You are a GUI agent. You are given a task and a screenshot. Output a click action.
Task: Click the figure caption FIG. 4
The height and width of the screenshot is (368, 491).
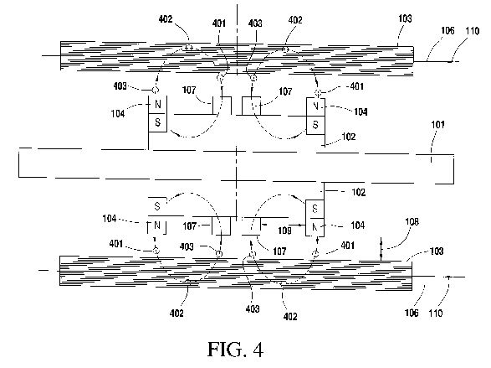point(236,350)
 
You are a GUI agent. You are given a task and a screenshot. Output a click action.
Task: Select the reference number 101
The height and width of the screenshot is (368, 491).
point(437,125)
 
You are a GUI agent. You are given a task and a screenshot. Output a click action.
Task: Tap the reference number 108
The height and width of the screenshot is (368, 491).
point(412,222)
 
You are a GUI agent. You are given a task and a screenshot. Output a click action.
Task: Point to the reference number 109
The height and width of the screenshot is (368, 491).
point(284,231)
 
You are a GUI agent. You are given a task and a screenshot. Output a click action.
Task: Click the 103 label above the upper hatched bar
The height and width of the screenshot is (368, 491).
point(405,18)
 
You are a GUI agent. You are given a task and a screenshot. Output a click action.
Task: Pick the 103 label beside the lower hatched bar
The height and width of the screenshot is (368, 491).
point(437,251)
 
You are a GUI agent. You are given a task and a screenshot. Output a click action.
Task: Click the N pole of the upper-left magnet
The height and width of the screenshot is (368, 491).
point(158,104)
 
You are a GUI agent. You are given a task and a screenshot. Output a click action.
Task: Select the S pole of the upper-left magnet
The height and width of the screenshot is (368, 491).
point(158,122)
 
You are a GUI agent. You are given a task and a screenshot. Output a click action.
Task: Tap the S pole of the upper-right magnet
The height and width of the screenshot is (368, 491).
point(315,125)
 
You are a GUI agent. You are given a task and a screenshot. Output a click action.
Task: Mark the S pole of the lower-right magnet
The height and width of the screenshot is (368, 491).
point(315,209)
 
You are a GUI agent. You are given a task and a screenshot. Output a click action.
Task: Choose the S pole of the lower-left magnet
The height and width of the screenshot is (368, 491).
point(157,206)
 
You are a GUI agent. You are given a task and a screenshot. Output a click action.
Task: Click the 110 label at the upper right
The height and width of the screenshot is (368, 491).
point(473,31)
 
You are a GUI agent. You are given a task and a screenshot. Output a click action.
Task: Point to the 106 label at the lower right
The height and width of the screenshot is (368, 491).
point(412,313)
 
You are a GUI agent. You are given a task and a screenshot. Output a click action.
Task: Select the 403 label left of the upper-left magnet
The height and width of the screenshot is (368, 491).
point(120,86)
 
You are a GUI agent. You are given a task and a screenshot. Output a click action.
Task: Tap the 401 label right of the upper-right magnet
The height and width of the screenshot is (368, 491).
point(356,86)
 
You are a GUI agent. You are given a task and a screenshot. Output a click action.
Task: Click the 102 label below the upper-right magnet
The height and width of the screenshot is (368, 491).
point(349,137)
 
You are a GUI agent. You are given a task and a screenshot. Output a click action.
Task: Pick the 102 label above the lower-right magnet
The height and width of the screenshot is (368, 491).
point(359,192)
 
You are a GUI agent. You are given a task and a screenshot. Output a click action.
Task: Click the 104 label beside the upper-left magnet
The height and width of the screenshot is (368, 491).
point(118,113)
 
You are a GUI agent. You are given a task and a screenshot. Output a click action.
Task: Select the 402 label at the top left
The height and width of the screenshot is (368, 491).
point(166,19)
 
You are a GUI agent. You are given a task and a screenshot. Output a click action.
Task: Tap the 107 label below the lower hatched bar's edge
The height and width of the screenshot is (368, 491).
point(279,251)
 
